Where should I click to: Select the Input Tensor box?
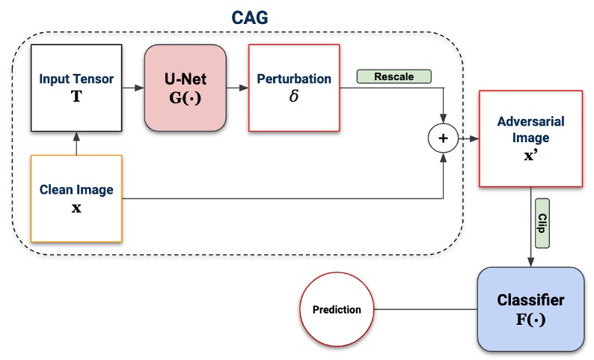tap(77, 88)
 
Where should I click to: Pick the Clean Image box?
tap(77, 198)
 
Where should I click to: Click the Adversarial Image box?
tap(531, 138)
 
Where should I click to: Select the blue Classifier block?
tap(530, 309)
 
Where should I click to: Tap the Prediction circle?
tap(337, 309)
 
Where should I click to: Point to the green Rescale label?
tap(395, 76)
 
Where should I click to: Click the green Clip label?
tap(542, 223)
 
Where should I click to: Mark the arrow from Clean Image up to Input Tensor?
tap(77, 144)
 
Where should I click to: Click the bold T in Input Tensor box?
tap(77, 97)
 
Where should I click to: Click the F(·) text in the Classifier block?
tap(530, 320)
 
